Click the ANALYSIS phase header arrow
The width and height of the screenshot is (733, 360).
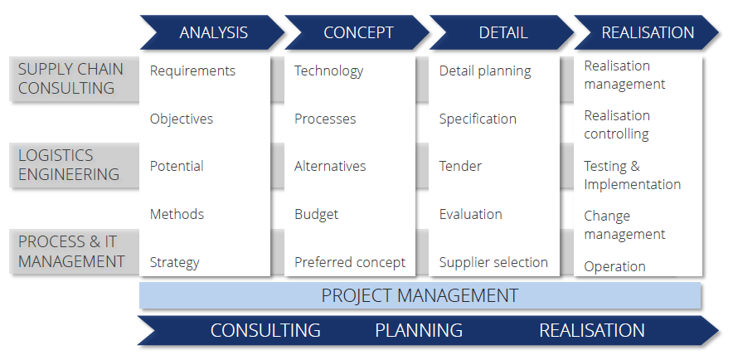pyautogui.click(x=213, y=32)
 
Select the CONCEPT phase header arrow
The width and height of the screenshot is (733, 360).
pyautogui.click(x=357, y=32)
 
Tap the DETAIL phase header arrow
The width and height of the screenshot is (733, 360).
pyautogui.click(x=502, y=32)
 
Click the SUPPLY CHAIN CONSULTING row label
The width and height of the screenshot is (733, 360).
pyautogui.click(x=70, y=79)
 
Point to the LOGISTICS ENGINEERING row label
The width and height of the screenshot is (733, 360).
pyautogui.click(x=69, y=164)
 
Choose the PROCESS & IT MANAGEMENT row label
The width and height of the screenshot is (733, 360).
pyautogui.click(x=71, y=251)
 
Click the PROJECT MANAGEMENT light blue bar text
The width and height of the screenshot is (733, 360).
pyautogui.click(x=420, y=295)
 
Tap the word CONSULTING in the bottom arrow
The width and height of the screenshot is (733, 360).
pyautogui.click(x=265, y=330)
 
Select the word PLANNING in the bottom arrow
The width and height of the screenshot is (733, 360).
pyautogui.click(x=419, y=330)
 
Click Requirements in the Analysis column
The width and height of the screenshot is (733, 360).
pyautogui.click(x=192, y=71)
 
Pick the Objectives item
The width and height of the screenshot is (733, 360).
pyautogui.click(x=182, y=119)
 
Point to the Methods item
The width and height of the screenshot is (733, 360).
pyautogui.click(x=177, y=214)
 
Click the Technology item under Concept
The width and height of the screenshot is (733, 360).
pyautogui.click(x=328, y=71)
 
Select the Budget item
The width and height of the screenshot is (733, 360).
pyautogui.click(x=317, y=214)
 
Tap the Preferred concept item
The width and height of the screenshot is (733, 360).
pyautogui.click(x=350, y=262)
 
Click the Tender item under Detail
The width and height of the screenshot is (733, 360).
pyautogui.click(x=460, y=166)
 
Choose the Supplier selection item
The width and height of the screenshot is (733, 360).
pyautogui.click(x=493, y=262)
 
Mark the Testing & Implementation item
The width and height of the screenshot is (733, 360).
pyautogui.click(x=633, y=175)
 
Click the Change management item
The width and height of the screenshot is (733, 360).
pyautogui.click(x=624, y=225)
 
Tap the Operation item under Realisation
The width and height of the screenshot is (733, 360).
pyautogui.click(x=614, y=266)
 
